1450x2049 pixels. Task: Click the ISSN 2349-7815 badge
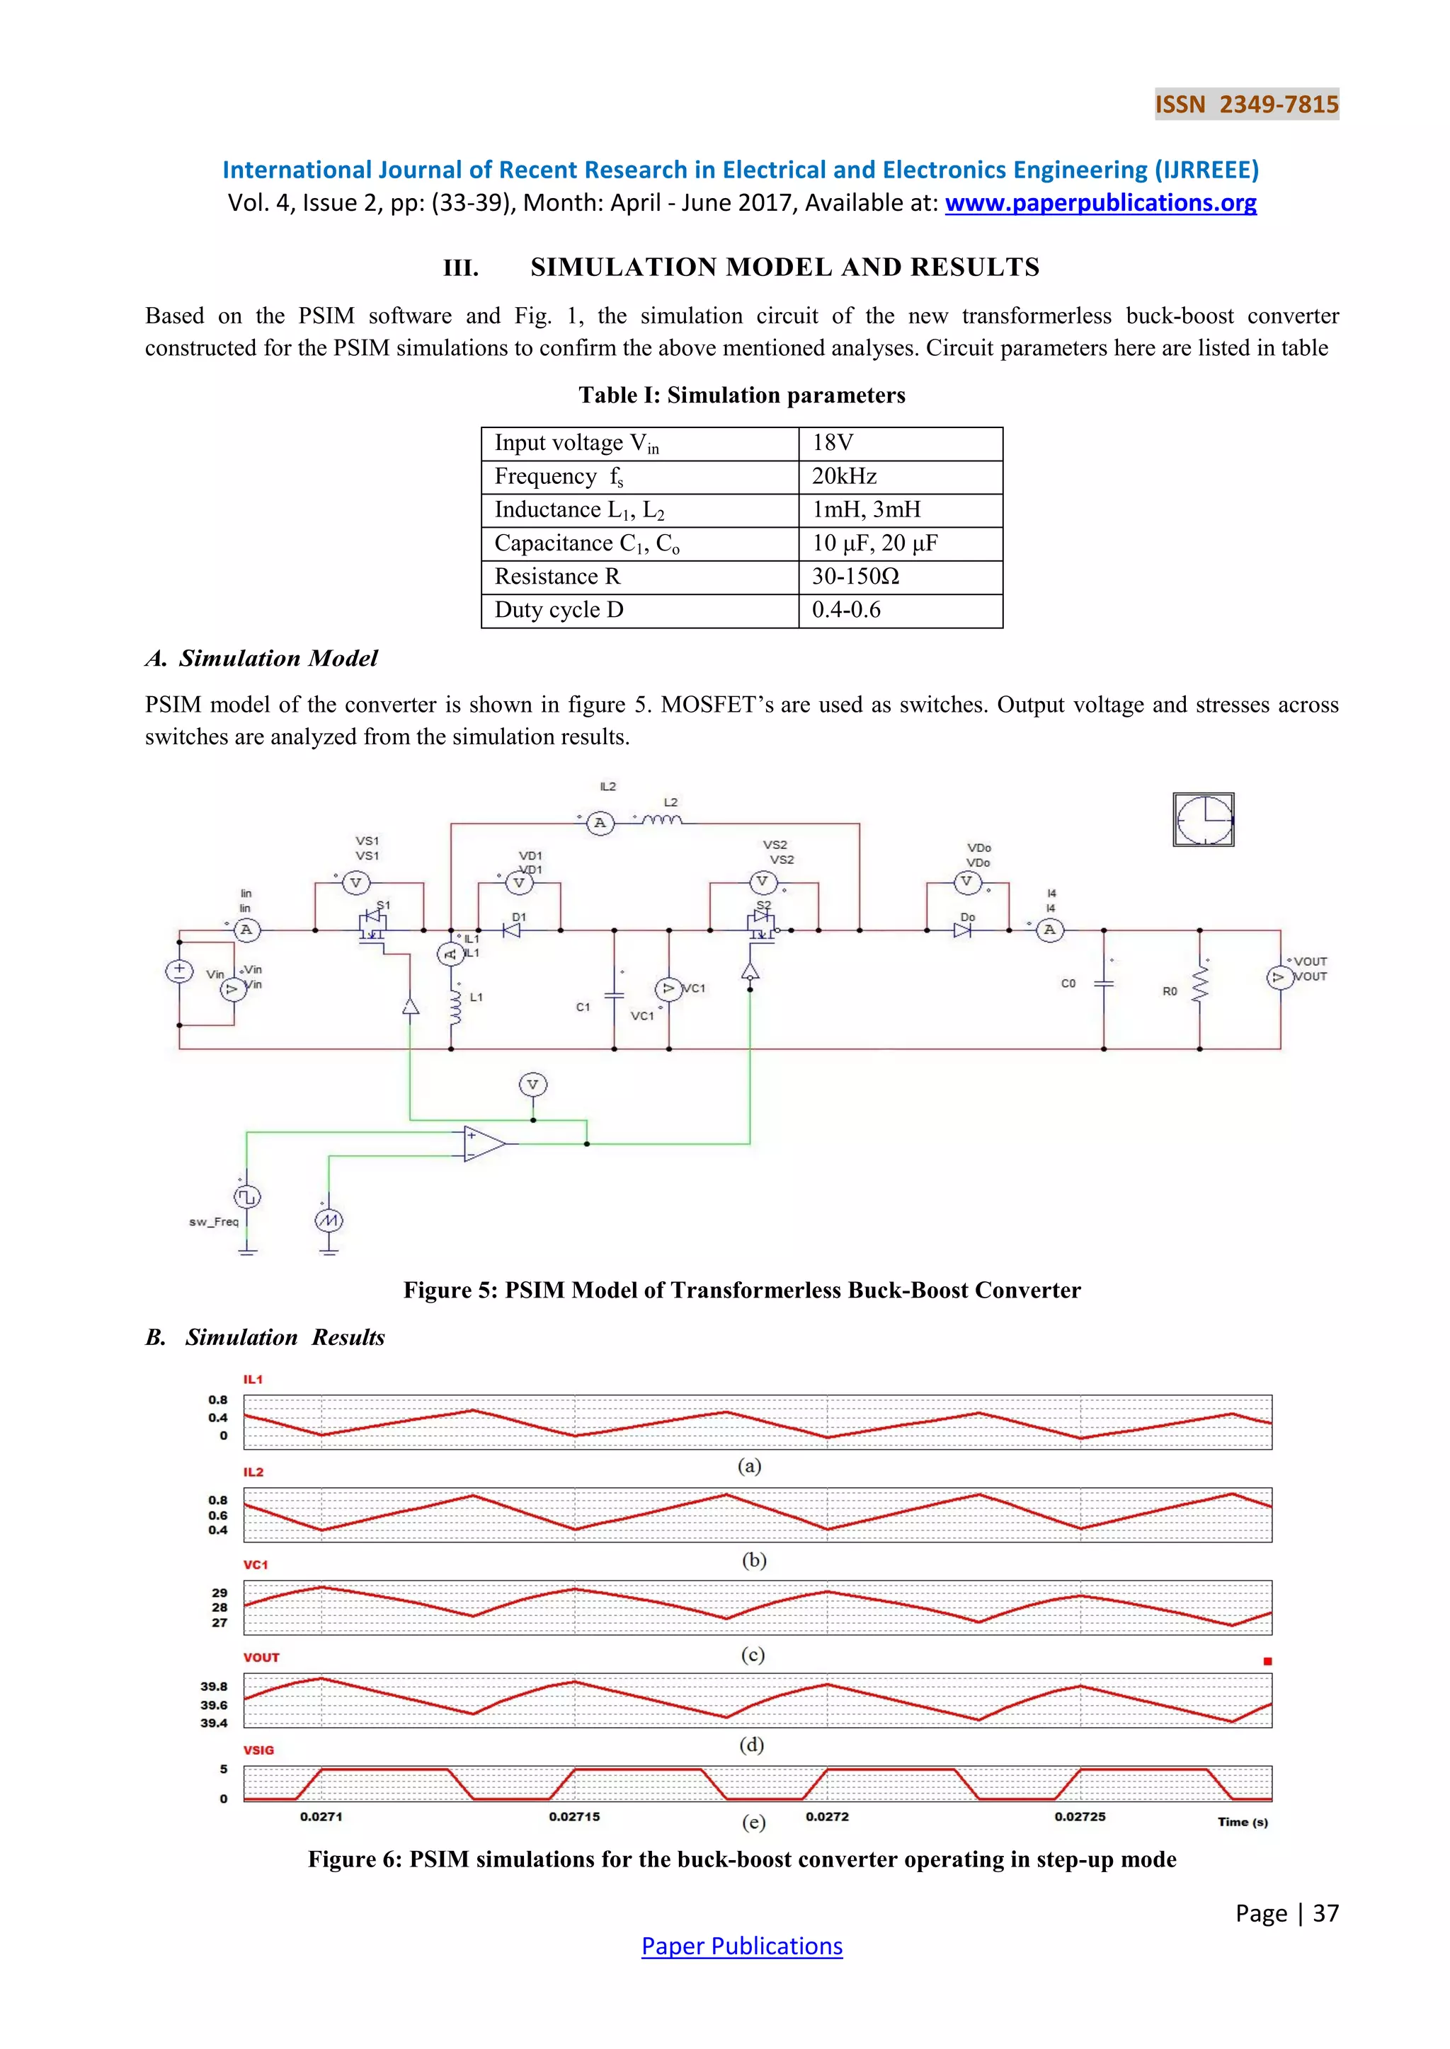[x=1246, y=105]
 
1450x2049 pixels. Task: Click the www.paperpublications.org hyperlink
[x=1100, y=204]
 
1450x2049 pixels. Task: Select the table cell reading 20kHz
[x=900, y=477]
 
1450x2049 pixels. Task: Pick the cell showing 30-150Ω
[x=900, y=577]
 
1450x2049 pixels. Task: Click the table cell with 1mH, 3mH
[x=900, y=509]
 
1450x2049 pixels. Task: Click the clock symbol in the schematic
[x=1203, y=819]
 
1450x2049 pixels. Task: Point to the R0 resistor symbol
[x=1199, y=988]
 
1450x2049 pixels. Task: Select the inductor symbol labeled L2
[x=661, y=820]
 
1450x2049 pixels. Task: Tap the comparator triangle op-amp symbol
[x=483, y=1144]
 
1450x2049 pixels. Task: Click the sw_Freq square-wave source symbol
[x=247, y=1196]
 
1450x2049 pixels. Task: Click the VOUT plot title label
[x=261, y=1657]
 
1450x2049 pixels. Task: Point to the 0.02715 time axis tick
[x=574, y=1816]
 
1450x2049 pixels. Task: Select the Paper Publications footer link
[x=741, y=1946]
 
